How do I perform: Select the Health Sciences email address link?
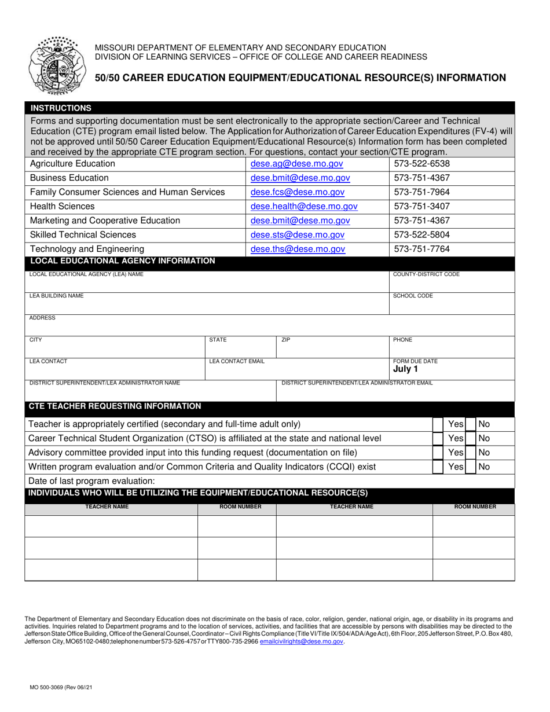point(303,206)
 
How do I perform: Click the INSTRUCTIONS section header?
point(61,108)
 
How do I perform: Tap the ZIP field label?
point(285,340)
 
